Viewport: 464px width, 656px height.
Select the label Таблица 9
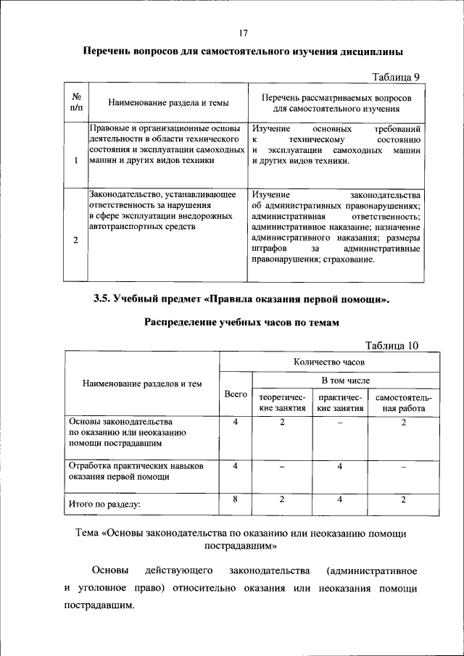click(x=396, y=76)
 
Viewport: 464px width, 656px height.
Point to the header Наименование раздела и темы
click(x=163, y=103)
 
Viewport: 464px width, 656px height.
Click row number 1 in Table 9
click(x=75, y=160)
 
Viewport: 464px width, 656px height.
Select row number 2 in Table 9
click(x=75, y=241)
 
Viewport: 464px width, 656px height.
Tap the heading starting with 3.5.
click(x=241, y=298)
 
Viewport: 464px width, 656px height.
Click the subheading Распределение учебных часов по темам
click(x=241, y=323)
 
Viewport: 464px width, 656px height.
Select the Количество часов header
click(x=329, y=361)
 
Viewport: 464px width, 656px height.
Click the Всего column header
click(x=235, y=393)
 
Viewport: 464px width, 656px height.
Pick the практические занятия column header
click(x=339, y=403)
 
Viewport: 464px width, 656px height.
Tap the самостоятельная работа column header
click(x=403, y=403)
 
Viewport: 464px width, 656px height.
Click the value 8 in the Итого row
click(x=236, y=499)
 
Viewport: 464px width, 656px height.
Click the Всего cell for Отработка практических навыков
click(x=236, y=466)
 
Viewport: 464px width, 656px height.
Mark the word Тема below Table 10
click(x=90, y=533)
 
